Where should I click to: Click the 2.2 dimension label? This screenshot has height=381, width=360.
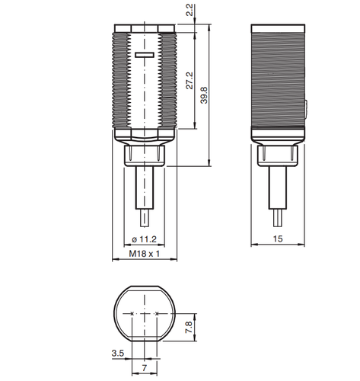[x=190, y=10]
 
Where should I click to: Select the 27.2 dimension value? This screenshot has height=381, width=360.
[x=190, y=81]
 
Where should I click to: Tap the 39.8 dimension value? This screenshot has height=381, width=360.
[x=204, y=95]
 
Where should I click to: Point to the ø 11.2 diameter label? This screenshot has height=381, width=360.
[x=145, y=239]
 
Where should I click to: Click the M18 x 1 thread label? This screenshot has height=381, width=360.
[x=145, y=254]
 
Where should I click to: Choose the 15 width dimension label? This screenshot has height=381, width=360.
[x=278, y=239]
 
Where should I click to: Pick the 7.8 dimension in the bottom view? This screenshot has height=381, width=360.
[x=190, y=328]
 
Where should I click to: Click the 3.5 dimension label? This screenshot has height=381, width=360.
[x=118, y=353]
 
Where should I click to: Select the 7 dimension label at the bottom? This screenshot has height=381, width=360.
[x=145, y=368]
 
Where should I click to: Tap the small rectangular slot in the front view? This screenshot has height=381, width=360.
[x=145, y=55]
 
